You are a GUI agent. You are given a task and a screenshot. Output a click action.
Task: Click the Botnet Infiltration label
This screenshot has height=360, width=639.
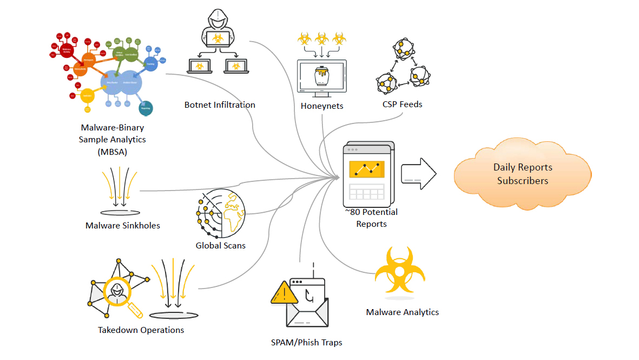pyautogui.click(x=220, y=104)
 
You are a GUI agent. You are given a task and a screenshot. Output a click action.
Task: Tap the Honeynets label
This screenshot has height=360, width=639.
pyautogui.click(x=322, y=106)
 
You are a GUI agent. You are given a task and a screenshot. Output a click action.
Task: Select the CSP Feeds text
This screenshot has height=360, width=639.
pyautogui.click(x=402, y=104)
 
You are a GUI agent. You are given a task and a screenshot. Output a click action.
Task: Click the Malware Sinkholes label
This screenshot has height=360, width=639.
pyautogui.click(x=123, y=225)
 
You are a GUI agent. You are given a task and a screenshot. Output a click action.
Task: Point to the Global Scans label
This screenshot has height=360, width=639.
pyautogui.click(x=221, y=245)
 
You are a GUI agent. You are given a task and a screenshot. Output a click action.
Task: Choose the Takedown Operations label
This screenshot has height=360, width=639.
pyautogui.click(x=141, y=330)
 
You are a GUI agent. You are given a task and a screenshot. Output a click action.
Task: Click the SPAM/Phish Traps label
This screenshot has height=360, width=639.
pyautogui.click(x=306, y=342)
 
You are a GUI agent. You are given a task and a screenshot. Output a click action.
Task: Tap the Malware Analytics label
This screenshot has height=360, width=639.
pyautogui.click(x=402, y=312)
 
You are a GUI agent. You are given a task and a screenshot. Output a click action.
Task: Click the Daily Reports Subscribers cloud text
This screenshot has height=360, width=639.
pyautogui.click(x=522, y=174)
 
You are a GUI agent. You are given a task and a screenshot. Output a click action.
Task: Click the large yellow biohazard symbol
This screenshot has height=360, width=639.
pyautogui.click(x=401, y=271)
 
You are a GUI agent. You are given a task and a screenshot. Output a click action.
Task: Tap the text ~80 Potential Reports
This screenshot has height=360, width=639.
pyautogui.click(x=371, y=218)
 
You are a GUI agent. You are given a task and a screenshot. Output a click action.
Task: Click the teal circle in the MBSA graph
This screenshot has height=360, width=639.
pyautogui.click(x=146, y=107)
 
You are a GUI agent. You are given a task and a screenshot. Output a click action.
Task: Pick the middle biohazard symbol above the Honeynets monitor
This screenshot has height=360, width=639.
pyautogui.click(x=322, y=38)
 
